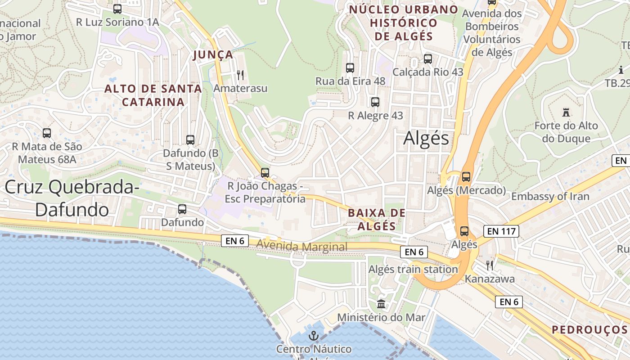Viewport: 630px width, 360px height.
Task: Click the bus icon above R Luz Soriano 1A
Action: (117, 9)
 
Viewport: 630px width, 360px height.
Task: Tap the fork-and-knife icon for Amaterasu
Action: (240, 75)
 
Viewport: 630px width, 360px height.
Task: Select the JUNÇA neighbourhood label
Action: (213, 55)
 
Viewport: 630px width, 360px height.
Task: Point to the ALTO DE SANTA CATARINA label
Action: (153, 95)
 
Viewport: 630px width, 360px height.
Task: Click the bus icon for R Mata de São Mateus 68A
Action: (47, 133)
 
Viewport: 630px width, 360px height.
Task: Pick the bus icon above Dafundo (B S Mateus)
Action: (190, 140)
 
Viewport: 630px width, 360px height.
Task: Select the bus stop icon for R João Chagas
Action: (265, 172)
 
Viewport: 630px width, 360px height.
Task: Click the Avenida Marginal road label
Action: (302, 247)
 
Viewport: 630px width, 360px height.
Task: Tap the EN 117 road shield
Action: (501, 232)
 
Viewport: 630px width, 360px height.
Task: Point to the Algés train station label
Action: (413, 270)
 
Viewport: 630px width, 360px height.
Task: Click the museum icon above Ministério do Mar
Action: (381, 304)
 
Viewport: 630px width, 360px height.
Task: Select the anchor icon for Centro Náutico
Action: (314, 335)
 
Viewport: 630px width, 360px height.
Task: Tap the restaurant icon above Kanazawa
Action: (490, 265)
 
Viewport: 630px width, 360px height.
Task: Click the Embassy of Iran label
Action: (550, 196)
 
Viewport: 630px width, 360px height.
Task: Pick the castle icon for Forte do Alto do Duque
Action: (566, 112)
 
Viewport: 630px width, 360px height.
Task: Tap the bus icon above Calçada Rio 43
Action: (428, 58)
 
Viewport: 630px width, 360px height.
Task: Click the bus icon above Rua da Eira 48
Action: (350, 68)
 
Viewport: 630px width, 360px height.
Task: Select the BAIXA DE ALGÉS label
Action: (377, 219)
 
